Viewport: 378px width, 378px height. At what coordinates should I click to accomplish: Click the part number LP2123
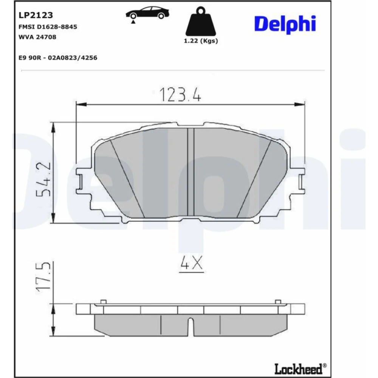pos(36,15)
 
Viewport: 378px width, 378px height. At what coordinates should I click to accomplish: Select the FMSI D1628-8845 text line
pos(48,27)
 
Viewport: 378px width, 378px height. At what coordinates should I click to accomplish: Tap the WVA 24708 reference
pos(37,37)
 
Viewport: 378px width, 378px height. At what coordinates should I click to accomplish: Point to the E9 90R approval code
pos(58,58)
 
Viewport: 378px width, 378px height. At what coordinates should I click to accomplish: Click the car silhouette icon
pos(147,14)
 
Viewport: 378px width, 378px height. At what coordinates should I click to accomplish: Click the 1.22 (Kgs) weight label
pos(201,41)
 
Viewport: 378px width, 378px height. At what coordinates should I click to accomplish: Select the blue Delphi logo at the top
pos(285,24)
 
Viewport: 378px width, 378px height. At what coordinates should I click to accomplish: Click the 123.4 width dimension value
pos(180,95)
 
